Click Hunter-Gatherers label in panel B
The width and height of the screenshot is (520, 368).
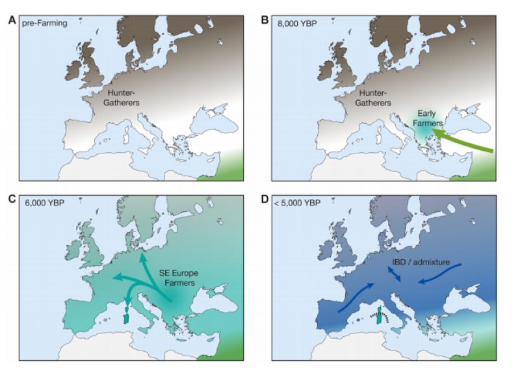pos(374,98)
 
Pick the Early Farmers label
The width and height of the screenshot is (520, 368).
pos(427,118)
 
